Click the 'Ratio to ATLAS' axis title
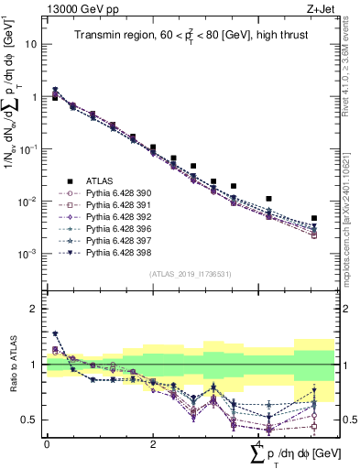tap(11, 365)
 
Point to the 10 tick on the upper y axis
tap(31, 44)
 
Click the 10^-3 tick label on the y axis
tap(27, 254)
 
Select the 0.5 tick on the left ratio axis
tap(31, 420)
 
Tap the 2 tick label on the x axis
tap(153, 443)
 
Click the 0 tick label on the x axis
tap(47, 443)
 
